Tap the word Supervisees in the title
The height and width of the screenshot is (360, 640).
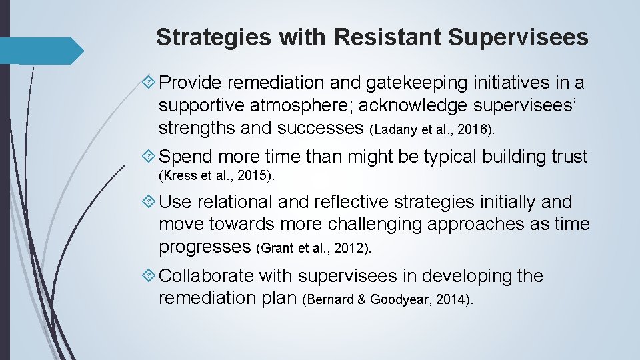click(518, 37)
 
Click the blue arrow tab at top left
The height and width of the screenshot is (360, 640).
click(41, 51)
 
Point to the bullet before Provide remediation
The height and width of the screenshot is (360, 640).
click(151, 83)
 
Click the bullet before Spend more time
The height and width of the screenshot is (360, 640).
click(151, 157)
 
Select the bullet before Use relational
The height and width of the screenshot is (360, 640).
click(151, 202)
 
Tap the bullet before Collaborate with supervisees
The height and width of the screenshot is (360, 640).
click(151, 276)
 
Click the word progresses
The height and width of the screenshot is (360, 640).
click(205, 247)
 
